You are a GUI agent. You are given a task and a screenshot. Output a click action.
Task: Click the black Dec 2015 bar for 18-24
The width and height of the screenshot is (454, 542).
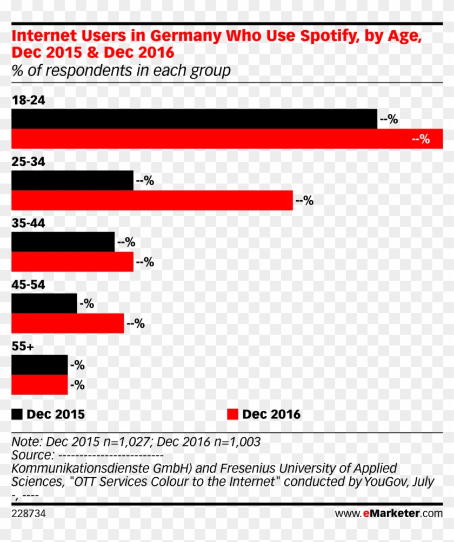194,119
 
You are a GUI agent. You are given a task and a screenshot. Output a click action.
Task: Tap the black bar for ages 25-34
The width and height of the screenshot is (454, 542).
72,180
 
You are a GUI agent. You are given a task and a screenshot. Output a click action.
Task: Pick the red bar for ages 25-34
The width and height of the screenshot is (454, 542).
152,200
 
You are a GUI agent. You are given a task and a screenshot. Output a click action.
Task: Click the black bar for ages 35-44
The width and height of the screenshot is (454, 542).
63,242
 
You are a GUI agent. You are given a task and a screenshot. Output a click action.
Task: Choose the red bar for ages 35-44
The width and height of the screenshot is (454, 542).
72,262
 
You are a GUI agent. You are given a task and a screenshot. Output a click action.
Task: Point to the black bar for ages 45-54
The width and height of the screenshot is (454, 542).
44,303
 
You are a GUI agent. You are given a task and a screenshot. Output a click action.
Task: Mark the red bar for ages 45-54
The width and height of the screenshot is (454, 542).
68,324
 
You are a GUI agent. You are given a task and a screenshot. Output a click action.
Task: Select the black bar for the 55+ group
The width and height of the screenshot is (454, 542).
39,365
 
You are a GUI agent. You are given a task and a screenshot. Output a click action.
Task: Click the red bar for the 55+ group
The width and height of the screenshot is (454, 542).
39,385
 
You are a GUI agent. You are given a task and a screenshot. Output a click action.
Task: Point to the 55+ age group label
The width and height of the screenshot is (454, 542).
23,347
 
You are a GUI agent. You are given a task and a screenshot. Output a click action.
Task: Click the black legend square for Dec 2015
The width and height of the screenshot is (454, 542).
17,414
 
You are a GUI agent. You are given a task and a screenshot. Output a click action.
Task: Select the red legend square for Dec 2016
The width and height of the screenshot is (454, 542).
232,414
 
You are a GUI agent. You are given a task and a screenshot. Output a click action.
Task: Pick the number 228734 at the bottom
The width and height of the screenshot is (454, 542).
28,513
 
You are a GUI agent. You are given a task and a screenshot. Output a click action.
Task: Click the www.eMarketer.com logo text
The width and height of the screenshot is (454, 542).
389,513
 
